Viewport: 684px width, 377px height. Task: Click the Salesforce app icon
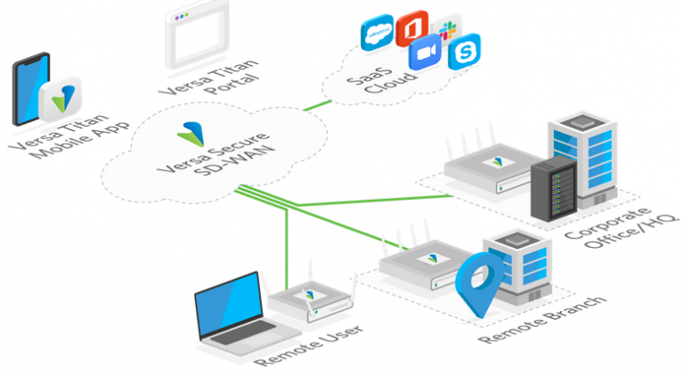[x=378, y=32]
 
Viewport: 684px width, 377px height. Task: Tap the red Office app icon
[x=411, y=29]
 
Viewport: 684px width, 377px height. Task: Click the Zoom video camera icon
[x=425, y=52]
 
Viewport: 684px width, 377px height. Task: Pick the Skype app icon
[x=465, y=52]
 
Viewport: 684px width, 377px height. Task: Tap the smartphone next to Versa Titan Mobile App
[x=31, y=89]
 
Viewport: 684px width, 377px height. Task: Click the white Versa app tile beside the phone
[x=61, y=99]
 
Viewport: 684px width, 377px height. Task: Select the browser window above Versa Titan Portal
[x=197, y=35]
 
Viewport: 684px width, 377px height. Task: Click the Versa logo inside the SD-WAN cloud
[x=191, y=134]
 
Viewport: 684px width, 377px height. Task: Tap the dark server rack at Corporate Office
[x=554, y=188]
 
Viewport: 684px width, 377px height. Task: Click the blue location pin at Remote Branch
[x=479, y=283]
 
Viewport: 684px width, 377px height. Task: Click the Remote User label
[x=308, y=345]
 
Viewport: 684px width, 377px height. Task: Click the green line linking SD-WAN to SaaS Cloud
[x=317, y=105]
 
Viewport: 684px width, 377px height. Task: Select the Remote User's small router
[x=311, y=301]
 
